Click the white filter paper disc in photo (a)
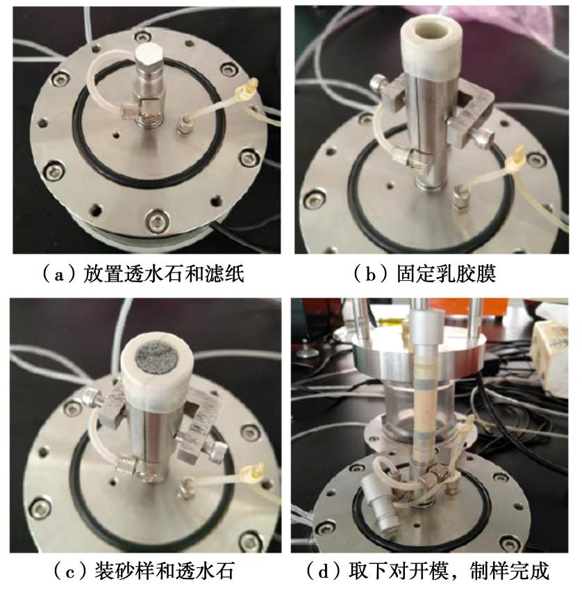point(149,53)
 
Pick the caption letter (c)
point(70,571)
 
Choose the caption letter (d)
point(324,571)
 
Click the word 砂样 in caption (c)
point(135,571)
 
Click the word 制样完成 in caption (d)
point(510,571)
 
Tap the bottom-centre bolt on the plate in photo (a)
point(156,221)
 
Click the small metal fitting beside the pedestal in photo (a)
point(183,124)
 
